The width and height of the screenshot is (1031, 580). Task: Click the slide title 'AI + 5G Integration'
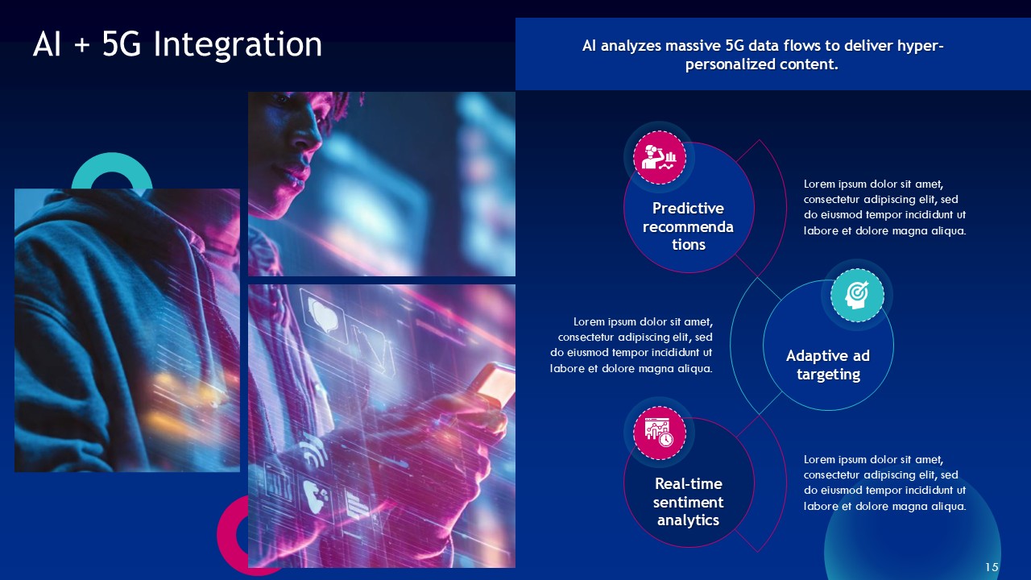(177, 44)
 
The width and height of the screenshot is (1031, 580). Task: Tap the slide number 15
(992, 568)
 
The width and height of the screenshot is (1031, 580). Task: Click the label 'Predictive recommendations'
(688, 226)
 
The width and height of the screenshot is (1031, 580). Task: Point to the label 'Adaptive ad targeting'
(828, 365)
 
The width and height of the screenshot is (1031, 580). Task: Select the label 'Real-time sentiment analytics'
(688, 502)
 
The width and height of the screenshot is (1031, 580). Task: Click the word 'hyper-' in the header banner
(921, 46)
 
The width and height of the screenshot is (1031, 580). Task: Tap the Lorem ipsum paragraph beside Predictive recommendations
(884, 207)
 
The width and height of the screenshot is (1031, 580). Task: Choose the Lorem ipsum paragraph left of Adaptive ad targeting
(631, 345)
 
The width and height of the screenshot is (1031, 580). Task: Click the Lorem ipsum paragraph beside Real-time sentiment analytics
(884, 483)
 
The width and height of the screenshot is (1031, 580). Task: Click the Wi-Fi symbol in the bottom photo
(313, 454)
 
